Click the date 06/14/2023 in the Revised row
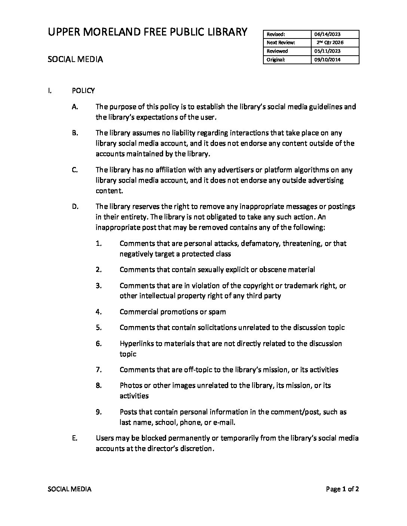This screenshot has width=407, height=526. pos(327,34)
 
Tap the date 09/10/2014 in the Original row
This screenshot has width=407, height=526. pos(327,60)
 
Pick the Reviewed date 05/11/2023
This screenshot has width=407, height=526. pos(327,51)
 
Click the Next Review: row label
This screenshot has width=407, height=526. pos(281,43)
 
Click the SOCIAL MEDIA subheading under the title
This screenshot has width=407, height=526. pos(75,59)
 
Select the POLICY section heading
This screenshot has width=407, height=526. pos(83,91)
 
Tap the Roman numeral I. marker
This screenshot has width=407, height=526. pos(49,91)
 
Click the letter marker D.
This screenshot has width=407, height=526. pos(75,207)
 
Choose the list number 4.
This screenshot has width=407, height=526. pos(99,312)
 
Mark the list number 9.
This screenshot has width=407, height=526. pos(99,412)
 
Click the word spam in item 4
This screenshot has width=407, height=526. pos(218,312)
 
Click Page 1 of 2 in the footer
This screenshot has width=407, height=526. pos(342,489)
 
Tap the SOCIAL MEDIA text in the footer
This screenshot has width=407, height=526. pos(70,489)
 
